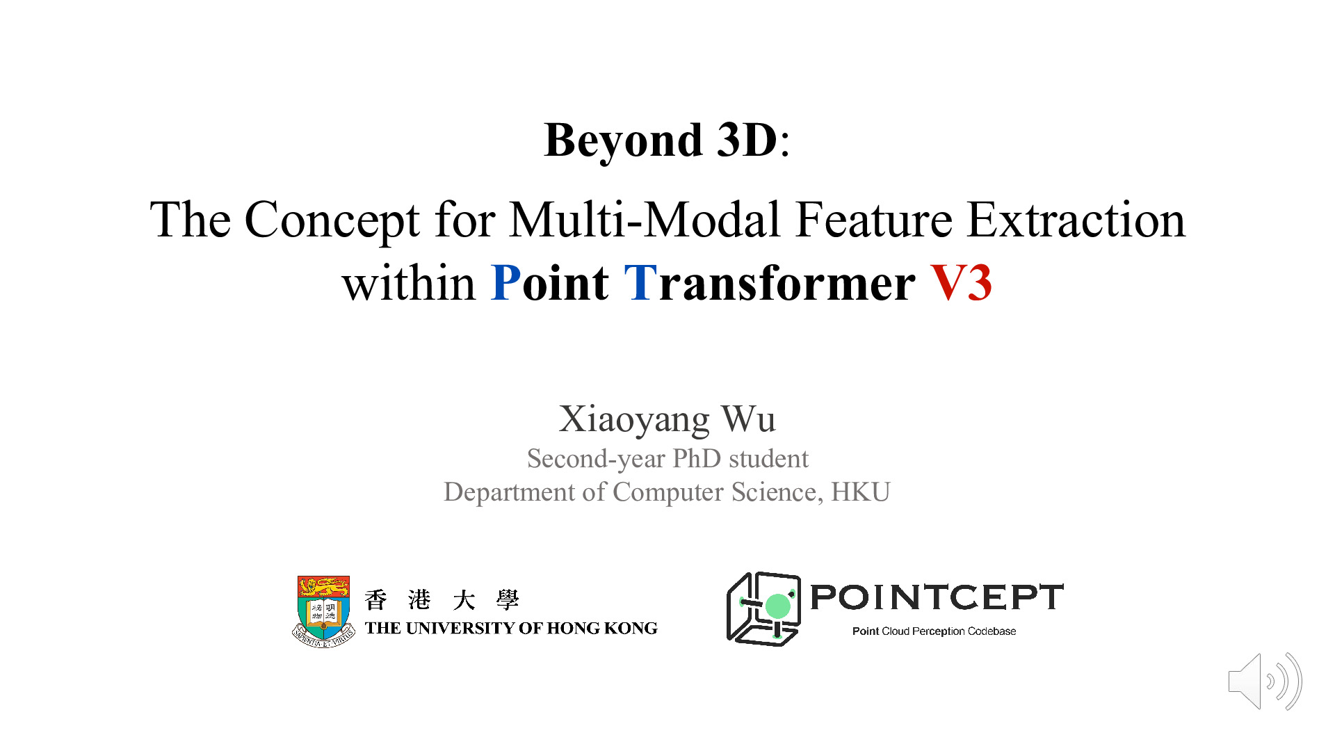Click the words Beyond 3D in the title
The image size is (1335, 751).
(661, 140)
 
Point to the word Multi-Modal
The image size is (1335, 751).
(644, 220)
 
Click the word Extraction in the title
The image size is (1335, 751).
(1076, 220)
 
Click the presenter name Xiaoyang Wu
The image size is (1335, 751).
(667, 419)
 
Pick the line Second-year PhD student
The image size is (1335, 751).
(667, 459)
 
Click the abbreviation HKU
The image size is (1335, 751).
(861, 492)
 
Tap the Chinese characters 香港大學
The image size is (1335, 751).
(442, 599)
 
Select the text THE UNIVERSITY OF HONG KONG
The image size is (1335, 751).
(511, 629)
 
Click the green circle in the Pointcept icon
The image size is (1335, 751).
(778, 606)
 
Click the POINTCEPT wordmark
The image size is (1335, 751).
(937, 597)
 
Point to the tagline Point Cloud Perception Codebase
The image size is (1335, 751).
(934, 631)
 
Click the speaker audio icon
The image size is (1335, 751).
(1265, 681)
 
